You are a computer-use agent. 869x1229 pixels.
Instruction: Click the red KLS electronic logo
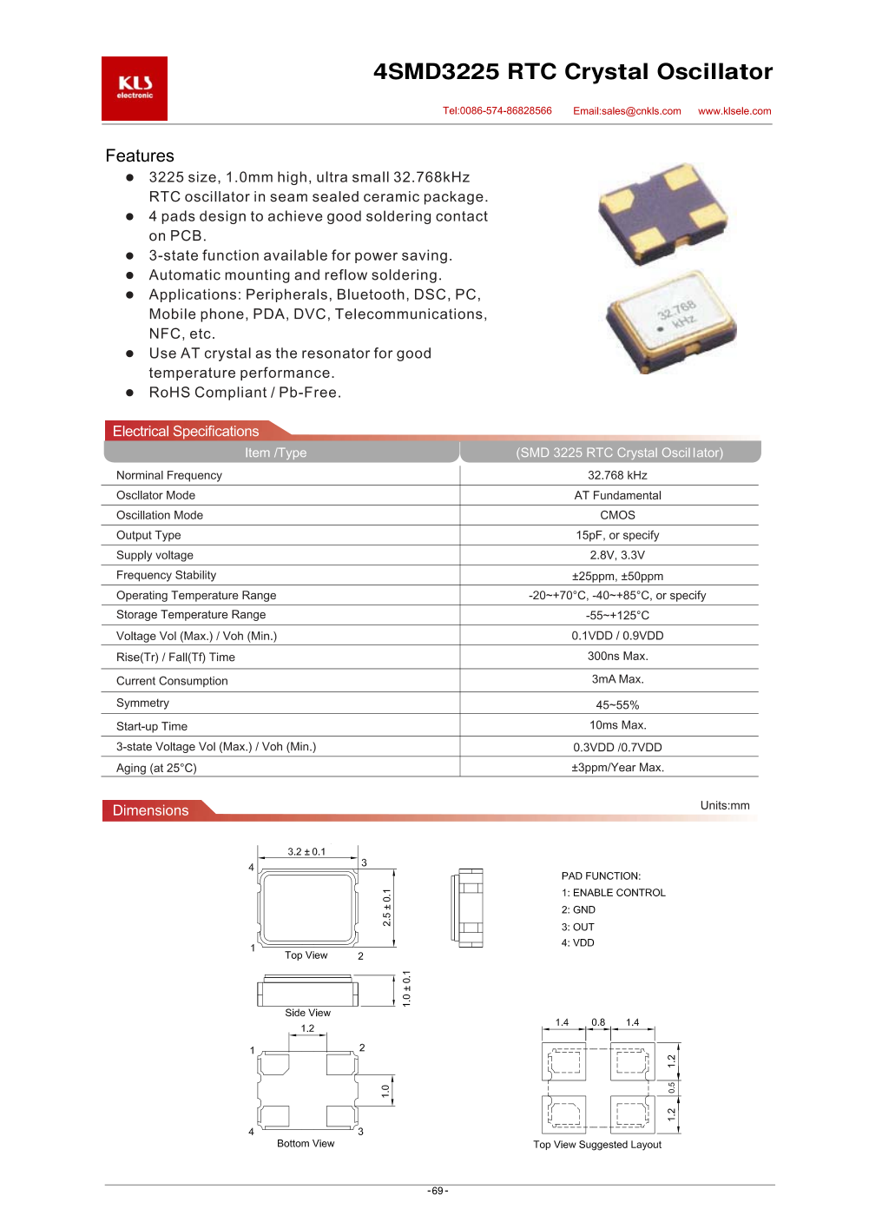pyautogui.click(x=135, y=89)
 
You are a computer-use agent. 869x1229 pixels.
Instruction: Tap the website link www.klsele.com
pyautogui.click(x=734, y=111)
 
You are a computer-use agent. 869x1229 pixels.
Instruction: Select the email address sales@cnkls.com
pyautogui.click(x=627, y=111)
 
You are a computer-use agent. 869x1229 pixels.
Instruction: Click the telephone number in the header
pyautogui.click(x=497, y=111)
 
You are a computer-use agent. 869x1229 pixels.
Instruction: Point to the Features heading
pyautogui.click(x=140, y=156)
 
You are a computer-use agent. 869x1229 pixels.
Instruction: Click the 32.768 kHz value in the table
pyautogui.click(x=617, y=475)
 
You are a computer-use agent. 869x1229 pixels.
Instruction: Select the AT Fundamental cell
pyautogui.click(x=617, y=495)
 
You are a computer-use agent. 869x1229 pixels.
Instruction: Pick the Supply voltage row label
pyautogui.click(x=155, y=555)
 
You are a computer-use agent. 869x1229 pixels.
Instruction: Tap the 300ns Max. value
pyautogui.click(x=617, y=657)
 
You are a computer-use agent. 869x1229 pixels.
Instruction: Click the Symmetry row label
pyautogui.click(x=142, y=703)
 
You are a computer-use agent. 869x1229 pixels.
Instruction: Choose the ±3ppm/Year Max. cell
pyautogui.click(x=617, y=768)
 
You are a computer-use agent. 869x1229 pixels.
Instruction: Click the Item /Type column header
pyautogui.click(x=275, y=453)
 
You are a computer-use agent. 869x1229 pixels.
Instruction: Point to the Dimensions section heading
pyautogui.click(x=150, y=810)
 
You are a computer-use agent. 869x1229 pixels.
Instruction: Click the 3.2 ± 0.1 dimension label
pyautogui.click(x=306, y=851)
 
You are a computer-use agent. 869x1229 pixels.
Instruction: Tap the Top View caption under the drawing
pyautogui.click(x=306, y=955)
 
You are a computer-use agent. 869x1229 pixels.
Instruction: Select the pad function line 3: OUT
pyautogui.click(x=578, y=927)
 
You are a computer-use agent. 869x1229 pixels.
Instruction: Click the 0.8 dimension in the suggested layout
pyautogui.click(x=598, y=1022)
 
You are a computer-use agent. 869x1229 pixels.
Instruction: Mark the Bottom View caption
pyautogui.click(x=306, y=1143)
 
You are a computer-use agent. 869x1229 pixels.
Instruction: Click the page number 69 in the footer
pyautogui.click(x=438, y=1191)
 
